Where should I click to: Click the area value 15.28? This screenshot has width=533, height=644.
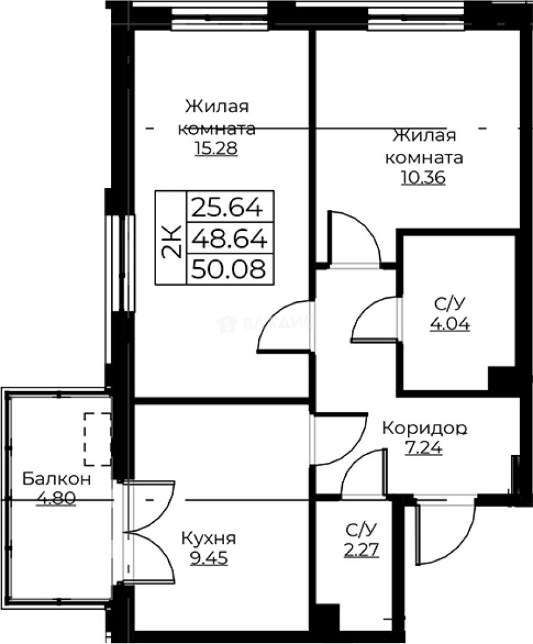pos(216,148)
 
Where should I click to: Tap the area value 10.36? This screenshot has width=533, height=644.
pos(423,177)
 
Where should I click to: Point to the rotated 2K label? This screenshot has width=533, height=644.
pos(171,239)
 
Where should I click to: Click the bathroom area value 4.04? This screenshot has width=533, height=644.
pos(450,324)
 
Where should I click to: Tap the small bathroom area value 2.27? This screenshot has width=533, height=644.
pos(362,548)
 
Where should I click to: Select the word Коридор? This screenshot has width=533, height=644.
pos(424,428)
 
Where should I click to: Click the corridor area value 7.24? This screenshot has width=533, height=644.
pos(423,448)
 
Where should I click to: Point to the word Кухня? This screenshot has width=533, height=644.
pos(209,538)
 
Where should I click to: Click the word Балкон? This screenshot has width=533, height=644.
pos(57,478)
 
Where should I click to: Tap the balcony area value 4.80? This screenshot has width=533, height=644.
pos(56,497)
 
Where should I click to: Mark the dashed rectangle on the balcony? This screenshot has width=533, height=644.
pos(97,439)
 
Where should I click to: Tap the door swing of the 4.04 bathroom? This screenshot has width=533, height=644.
pos(376,319)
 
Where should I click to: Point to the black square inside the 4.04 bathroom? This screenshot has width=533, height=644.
pos(501,378)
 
